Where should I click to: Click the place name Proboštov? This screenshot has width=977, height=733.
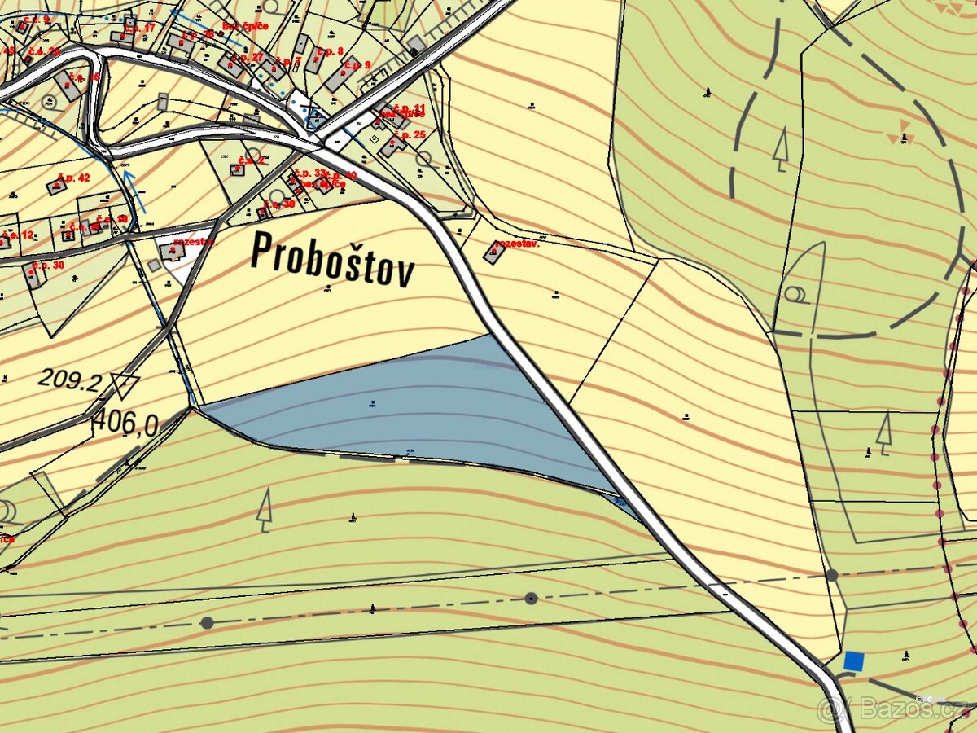click(333, 258)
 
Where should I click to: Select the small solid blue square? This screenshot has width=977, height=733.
click(852, 661)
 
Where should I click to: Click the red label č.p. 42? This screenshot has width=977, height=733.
click(74, 178)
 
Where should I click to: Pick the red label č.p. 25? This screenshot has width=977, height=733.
click(410, 134)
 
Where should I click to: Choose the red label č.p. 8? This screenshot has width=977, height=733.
click(330, 51)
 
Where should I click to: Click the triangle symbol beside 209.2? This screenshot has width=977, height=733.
click(125, 385)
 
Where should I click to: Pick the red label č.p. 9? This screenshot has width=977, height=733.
click(357, 64)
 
